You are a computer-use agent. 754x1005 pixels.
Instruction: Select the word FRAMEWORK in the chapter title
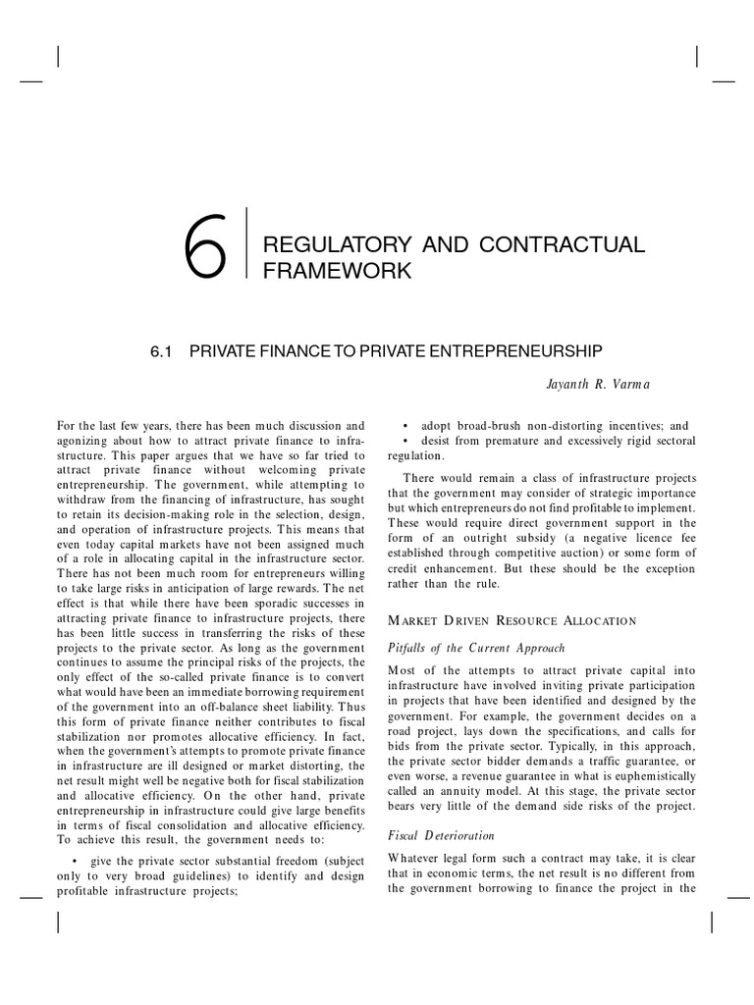[336, 270]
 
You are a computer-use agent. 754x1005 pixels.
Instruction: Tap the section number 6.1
[161, 349]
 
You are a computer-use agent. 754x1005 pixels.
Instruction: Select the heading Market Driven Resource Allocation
[512, 620]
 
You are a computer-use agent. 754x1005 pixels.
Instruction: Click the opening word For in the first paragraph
[68, 426]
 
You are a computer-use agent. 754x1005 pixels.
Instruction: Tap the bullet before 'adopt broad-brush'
[406, 426]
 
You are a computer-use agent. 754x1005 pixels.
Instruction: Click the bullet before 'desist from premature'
[406, 441]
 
